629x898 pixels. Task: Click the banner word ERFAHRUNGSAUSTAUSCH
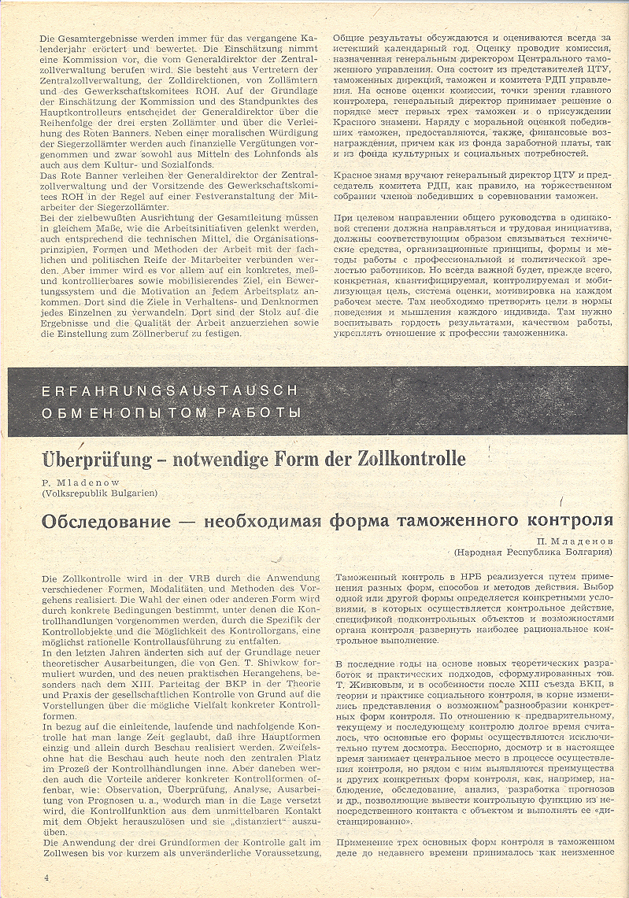(x=170, y=390)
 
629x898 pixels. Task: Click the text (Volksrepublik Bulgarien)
(x=98, y=493)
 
